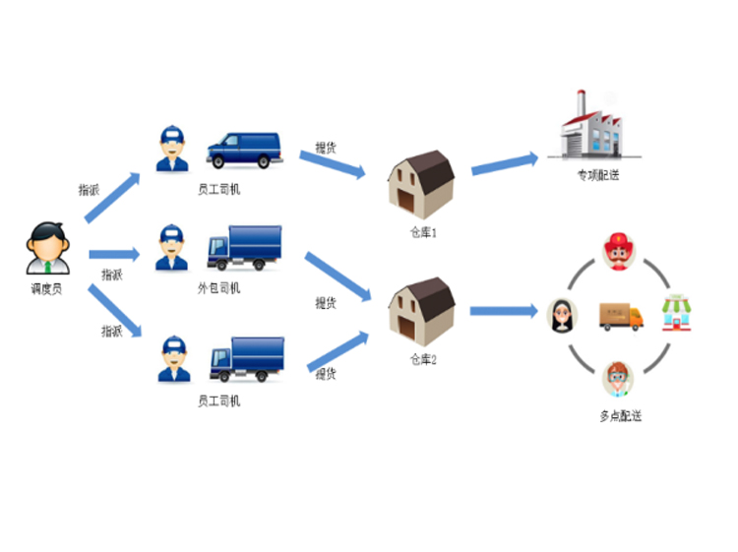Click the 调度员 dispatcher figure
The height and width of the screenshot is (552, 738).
coord(47,248)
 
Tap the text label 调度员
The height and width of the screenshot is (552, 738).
coord(46,290)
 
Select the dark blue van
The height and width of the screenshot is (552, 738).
coord(243,151)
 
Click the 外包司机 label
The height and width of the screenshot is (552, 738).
coord(218,288)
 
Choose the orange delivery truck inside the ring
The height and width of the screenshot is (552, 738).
coord(620,315)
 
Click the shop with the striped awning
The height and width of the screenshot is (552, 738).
coord(676,312)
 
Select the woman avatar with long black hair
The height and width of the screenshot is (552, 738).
coord(562,315)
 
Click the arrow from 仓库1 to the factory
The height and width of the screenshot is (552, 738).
coord(505,163)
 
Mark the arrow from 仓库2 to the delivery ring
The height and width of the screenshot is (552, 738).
coord(503,312)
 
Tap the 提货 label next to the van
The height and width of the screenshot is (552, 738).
coord(326,148)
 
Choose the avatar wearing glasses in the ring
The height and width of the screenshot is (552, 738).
coord(618,378)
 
